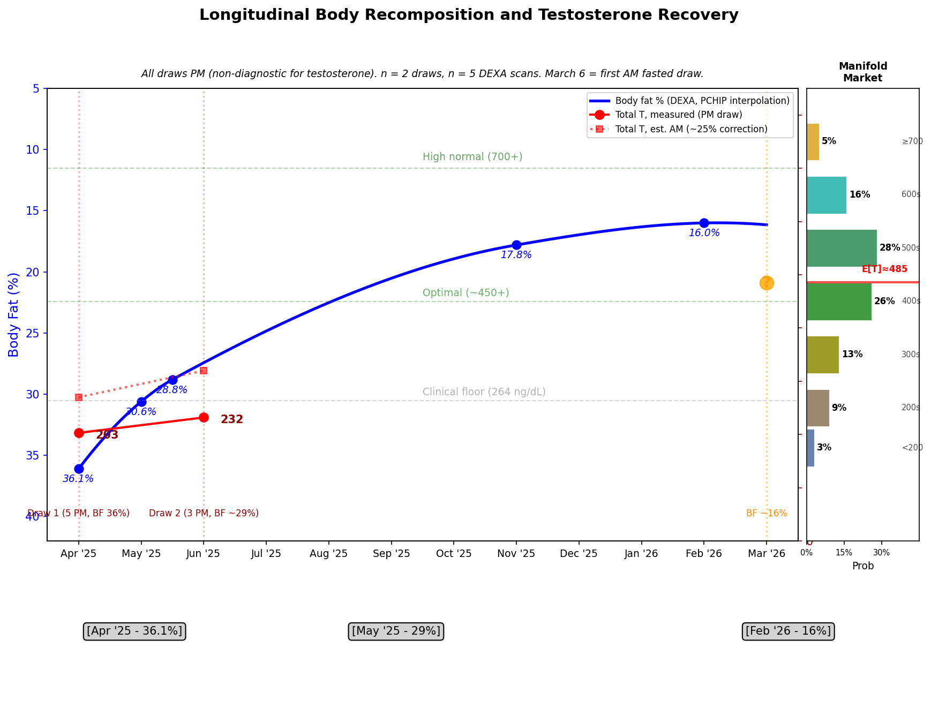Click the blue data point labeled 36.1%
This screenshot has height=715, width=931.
pyautogui.click(x=79, y=469)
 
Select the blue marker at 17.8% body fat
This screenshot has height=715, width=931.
pyautogui.click(x=516, y=245)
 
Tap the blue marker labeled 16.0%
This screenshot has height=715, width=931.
pyautogui.click(x=704, y=223)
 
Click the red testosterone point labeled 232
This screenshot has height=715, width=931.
pyautogui.click(x=204, y=417)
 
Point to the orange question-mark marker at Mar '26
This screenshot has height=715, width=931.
pyautogui.click(x=767, y=283)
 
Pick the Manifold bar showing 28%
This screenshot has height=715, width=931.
pyautogui.click(x=842, y=248)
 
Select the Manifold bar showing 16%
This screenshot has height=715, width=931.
pyautogui.click(x=827, y=195)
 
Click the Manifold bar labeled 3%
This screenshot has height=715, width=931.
pyautogui.click(x=810, y=448)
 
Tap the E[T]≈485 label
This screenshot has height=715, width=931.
pyautogui.click(x=884, y=269)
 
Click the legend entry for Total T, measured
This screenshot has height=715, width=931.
pyautogui.click(x=679, y=115)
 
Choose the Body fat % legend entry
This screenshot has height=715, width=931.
pyautogui.click(x=702, y=101)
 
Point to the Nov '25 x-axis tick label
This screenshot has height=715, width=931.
pyautogui.click(x=516, y=554)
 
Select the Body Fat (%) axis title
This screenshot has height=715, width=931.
pyautogui.click(x=14, y=314)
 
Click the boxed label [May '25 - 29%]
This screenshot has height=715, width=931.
pyautogui.click(x=396, y=631)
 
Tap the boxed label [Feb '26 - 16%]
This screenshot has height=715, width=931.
pyautogui.click(x=788, y=631)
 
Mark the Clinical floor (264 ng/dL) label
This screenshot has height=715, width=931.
pyautogui.click(x=484, y=392)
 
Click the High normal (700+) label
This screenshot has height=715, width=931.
pyautogui.click(x=472, y=157)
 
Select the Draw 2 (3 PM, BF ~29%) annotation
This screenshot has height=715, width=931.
pyautogui.click(x=204, y=513)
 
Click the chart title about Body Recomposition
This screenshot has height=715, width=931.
pyautogui.click(x=469, y=15)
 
